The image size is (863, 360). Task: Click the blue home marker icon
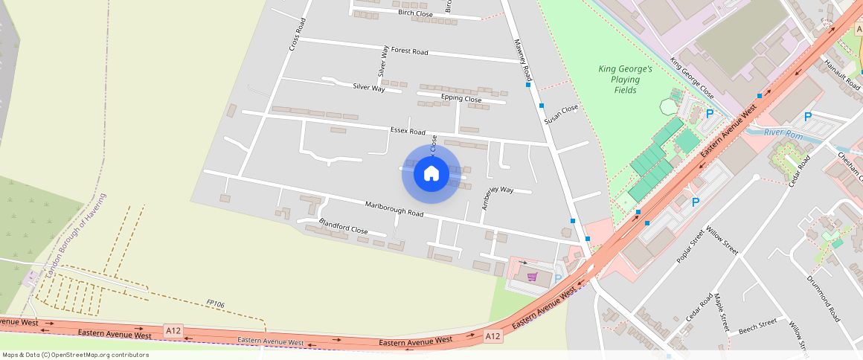point(431,173)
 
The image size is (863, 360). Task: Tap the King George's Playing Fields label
point(625,80)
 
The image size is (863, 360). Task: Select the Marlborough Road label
point(394,208)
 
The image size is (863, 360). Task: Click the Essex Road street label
point(408,131)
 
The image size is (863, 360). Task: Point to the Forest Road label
point(409,51)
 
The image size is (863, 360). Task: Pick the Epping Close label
point(461,98)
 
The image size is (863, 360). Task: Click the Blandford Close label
point(343,226)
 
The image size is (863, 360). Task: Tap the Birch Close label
point(415,13)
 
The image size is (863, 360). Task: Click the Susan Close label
point(560,114)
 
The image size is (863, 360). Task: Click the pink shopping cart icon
point(532,277)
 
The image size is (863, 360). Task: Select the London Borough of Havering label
point(76,236)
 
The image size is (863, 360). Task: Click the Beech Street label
point(757,325)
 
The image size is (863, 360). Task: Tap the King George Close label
point(692,78)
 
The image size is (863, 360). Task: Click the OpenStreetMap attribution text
point(75,355)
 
